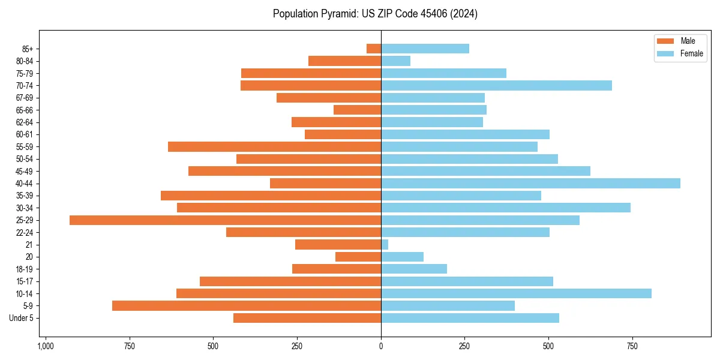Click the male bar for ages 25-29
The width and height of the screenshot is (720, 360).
(225, 220)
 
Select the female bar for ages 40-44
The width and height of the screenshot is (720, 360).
(530, 183)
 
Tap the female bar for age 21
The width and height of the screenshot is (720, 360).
(385, 245)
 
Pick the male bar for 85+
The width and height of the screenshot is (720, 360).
(374, 49)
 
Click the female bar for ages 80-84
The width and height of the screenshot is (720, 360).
(395, 61)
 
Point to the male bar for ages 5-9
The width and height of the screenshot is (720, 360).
(247, 306)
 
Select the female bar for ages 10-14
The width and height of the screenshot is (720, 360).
(516, 293)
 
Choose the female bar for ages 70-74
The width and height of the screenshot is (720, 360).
(496, 85)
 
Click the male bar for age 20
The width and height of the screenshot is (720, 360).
(358, 257)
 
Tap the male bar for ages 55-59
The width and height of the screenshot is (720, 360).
(274, 146)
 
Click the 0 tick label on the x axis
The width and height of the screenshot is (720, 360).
(381, 346)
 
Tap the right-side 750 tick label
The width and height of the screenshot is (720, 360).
(632, 346)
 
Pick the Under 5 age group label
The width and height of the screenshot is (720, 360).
(21, 318)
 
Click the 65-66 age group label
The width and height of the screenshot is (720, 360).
(25, 110)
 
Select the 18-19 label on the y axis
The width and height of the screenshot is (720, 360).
(25, 269)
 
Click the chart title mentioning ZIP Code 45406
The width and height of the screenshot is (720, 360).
(375, 14)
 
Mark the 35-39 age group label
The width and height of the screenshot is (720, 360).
(25, 196)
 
